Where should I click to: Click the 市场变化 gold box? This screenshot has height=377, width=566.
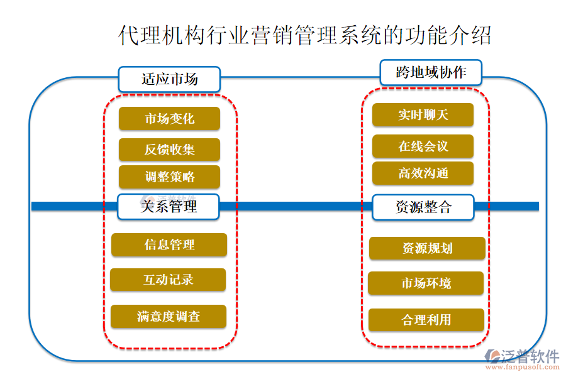point(169,119)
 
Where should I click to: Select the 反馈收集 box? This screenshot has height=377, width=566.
point(169,150)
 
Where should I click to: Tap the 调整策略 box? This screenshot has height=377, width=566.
point(169,177)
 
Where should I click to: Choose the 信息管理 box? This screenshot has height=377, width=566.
point(169,245)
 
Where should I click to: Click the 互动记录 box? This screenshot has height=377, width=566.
point(168,280)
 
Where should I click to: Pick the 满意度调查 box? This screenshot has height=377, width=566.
point(168,316)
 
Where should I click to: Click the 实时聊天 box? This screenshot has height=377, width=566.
point(423,115)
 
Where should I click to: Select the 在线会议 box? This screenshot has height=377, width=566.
point(423,146)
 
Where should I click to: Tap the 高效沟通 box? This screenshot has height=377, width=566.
point(423,173)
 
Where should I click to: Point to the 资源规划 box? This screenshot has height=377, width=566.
point(427,248)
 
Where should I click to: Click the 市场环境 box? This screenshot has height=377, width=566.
point(426,283)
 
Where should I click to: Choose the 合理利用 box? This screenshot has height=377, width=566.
point(426,320)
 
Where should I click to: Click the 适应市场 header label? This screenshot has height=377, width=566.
point(169,79)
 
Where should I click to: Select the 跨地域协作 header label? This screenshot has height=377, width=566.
point(431,72)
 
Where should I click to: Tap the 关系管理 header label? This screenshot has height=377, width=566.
point(169,206)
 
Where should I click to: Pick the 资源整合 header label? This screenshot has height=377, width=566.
point(423,207)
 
